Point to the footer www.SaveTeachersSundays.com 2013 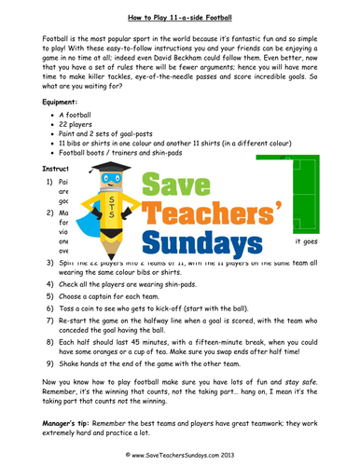pyautogui.click(x=181, y=456)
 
